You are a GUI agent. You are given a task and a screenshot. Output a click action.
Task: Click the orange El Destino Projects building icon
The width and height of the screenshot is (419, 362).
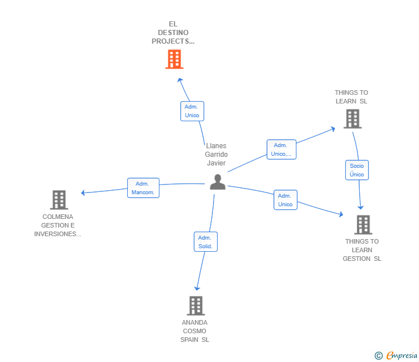click(174, 59)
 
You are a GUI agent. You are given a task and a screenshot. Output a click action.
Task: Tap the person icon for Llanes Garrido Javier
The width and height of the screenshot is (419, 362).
click(218, 182)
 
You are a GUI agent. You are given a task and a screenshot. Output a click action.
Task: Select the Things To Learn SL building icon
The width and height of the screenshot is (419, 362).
click(352, 119)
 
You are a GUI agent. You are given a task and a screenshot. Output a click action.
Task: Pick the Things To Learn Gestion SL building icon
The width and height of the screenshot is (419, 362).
click(363, 225)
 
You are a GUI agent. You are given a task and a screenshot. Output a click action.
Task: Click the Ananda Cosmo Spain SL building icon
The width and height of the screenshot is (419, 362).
click(196, 306)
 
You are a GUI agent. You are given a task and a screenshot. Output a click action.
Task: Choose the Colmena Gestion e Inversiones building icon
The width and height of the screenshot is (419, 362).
click(59, 200)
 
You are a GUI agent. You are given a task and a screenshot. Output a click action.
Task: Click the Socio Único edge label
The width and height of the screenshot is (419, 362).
click(357, 170)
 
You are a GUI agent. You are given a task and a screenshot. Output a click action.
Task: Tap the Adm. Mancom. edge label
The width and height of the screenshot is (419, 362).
click(143, 188)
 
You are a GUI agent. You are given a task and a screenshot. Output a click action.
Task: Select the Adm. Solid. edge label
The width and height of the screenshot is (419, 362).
click(205, 242)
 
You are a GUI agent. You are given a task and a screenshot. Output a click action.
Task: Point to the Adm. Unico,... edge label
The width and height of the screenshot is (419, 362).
click(281, 149)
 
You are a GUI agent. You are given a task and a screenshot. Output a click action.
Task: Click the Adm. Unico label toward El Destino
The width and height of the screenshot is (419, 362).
click(192, 111)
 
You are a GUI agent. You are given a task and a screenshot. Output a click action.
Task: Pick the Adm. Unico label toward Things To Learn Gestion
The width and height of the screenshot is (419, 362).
click(285, 200)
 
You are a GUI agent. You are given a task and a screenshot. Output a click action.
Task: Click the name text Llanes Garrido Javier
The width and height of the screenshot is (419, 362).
click(216, 155)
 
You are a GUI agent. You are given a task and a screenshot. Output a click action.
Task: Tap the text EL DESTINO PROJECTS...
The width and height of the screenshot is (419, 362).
click(173, 33)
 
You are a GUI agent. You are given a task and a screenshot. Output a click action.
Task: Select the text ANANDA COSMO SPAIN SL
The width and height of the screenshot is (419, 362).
click(195, 331)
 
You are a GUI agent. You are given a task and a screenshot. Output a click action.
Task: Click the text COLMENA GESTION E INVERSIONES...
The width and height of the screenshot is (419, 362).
click(58, 225)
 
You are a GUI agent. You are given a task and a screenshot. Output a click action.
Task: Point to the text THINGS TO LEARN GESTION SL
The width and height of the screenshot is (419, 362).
click(362, 250)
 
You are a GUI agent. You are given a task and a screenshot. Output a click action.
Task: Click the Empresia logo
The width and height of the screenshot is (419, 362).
click(402, 356)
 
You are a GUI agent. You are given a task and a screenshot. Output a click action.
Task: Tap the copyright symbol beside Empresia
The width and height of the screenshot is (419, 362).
click(379, 356)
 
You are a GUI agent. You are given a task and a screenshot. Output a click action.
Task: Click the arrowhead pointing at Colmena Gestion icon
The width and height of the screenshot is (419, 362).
click(83, 192)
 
